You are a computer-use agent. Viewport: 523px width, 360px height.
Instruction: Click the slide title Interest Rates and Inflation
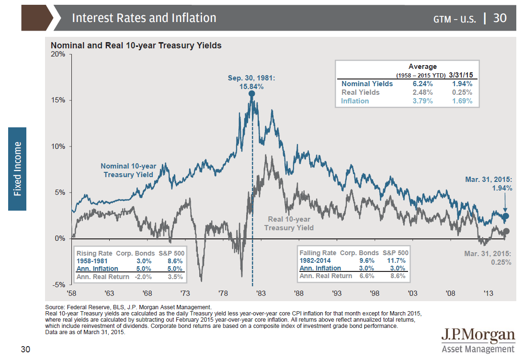pyautogui.click(x=144, y=18)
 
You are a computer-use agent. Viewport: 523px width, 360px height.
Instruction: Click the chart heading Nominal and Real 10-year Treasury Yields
pyautogui.click(x=136, y=46)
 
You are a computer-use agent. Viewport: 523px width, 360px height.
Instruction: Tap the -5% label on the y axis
pyautogui.click(x=59, y=285)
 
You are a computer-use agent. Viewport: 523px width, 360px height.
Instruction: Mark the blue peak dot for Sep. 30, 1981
pyautogui.click(x=252, y=94)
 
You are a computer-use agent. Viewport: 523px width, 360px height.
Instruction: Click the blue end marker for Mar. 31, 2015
pyautogui.click(x=506, y=216)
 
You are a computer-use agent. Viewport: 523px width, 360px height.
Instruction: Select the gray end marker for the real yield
pyautogui.click(x=506, y=231)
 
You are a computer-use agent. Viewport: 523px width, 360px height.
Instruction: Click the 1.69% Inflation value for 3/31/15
pyautogui.click(x=462, y=101)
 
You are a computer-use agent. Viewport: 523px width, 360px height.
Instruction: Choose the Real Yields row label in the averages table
pyautogui.click(x=360, y=92)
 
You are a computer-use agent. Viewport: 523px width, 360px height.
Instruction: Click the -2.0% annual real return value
pyautogui.click(x=143, y=277)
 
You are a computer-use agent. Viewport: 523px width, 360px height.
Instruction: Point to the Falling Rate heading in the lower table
pyautogui.click(x=318, y=253)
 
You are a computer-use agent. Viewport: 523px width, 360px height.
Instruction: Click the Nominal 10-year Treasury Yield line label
pyautogui.click(x=128, y=170)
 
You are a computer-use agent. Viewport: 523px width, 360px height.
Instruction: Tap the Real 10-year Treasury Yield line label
pyautogui.click(x=289, y=224)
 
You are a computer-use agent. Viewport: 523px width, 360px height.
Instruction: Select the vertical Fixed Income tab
pyautogui.click(x=17, y=169)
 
